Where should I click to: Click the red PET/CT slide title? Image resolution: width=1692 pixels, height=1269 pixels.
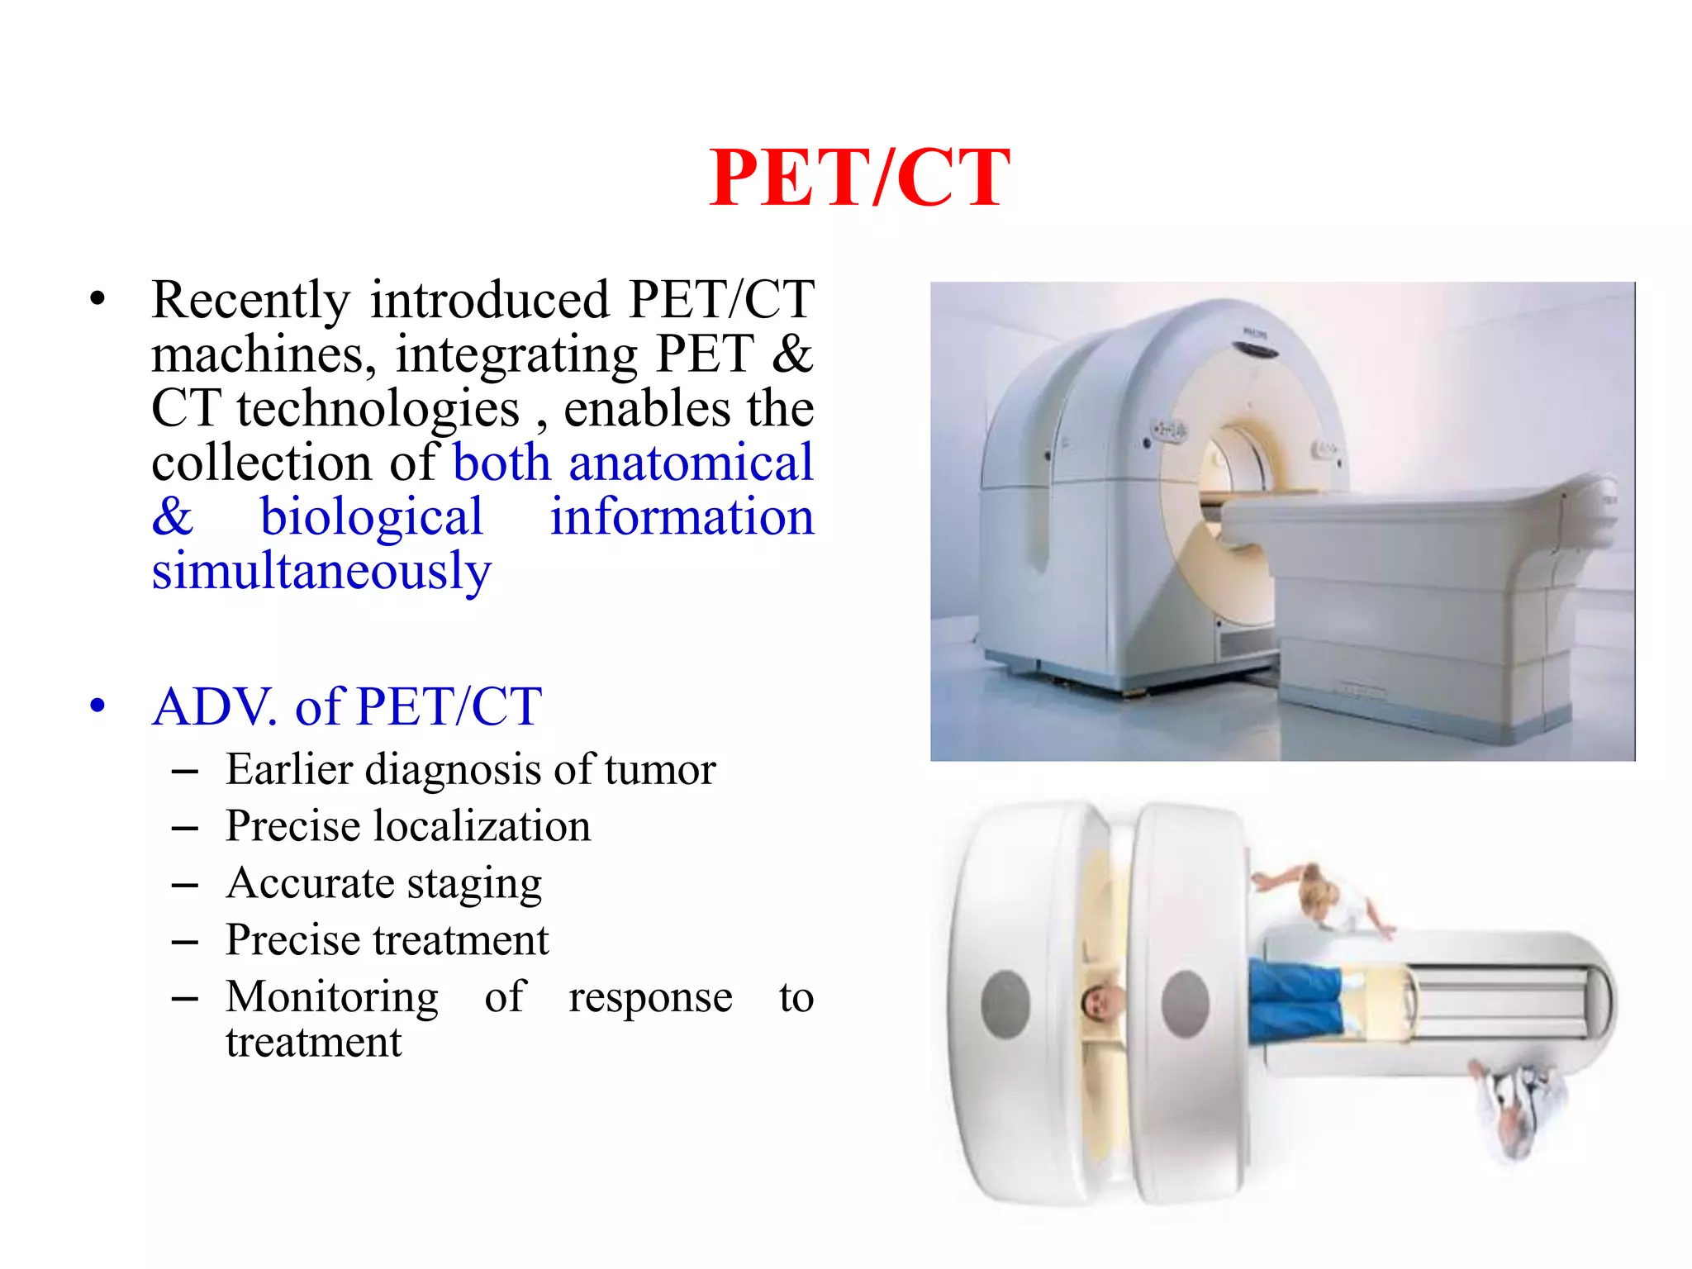[860, 178]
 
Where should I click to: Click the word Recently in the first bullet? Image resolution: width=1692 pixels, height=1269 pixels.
[250, 301]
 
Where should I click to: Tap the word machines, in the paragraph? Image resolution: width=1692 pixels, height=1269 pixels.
[263, 355]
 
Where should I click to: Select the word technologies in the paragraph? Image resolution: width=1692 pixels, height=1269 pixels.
[378, 409]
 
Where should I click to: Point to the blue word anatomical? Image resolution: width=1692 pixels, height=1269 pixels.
[691, 463]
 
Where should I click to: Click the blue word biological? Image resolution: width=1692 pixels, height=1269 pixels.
[371, 517]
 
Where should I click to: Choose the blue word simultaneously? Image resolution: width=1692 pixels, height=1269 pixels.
[321, 572]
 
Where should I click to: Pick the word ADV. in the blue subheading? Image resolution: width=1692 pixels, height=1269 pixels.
[214, 707]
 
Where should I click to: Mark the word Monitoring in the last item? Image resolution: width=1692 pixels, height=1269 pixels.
[332, 997]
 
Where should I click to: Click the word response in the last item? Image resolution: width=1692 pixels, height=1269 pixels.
[650, 997]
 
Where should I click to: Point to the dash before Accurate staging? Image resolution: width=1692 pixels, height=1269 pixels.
[184, 885]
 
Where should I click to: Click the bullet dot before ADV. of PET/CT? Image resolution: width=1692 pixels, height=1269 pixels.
[98, 706]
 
